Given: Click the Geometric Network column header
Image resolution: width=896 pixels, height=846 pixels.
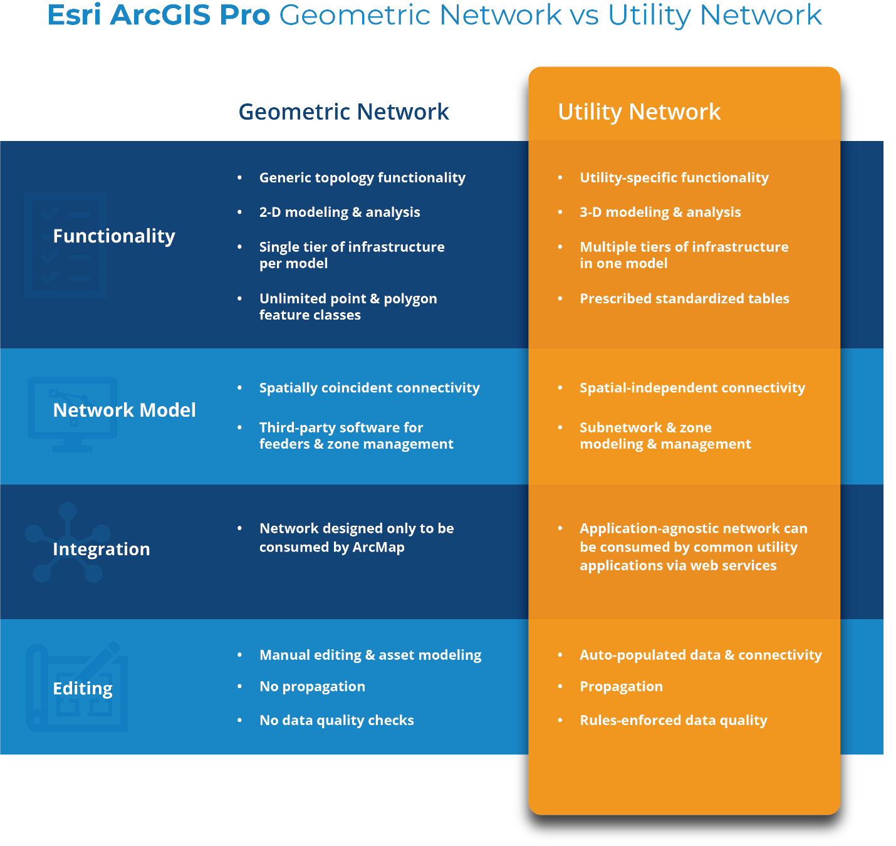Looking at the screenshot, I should coord(343,112).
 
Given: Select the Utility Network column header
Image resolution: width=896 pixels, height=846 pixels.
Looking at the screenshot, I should coord(639,112).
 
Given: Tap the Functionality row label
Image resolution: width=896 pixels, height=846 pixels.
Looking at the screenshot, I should coord(114,236).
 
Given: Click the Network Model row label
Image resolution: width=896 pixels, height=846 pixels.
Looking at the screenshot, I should coord(124,410).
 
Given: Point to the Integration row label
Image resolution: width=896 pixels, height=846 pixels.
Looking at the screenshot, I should coord(102,550).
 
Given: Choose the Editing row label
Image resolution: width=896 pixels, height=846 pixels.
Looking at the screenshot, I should coord(83,689).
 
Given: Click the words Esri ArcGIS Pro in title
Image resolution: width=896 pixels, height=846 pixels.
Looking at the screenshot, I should coord(159,15).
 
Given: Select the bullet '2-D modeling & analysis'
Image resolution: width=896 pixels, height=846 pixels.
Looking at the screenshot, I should coord(340,212).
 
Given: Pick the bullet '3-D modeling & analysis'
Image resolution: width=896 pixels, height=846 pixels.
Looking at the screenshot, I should coord(660,212).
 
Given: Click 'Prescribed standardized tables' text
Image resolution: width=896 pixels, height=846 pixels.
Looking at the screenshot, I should coord(684,299).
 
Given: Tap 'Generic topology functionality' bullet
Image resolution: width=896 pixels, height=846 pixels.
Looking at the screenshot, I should coord(362,178).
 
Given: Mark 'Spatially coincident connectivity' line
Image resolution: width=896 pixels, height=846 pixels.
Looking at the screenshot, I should coord(369,388).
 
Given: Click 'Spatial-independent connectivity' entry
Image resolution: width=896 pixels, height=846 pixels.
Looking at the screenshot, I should coord(692,388).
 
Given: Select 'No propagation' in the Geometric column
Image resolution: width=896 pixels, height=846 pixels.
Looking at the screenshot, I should coord(312,687).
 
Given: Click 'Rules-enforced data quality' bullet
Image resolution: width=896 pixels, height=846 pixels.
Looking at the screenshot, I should coord(673,721).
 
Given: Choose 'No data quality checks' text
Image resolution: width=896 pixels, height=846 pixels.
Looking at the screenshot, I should coord(336,721).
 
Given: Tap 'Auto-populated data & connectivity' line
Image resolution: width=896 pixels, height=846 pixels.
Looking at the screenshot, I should coord(701,655).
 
